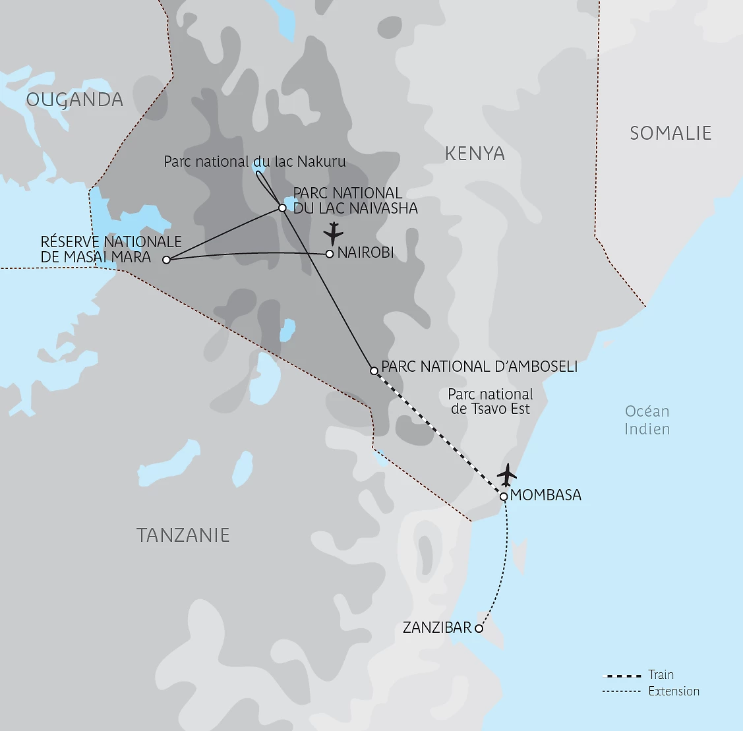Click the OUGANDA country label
[74, 100]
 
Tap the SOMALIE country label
[670, 133]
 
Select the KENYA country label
[475, 154]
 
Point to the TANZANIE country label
[183, 535]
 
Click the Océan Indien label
[647, 420]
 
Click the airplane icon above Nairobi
[334, 233]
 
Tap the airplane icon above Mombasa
[506, 474]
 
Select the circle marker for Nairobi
[330, 254]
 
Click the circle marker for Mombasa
[504, 496]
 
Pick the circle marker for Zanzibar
[479, 629]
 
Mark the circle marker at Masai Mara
[166, 260]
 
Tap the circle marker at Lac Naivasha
[282, 208]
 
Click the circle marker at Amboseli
[374, 370]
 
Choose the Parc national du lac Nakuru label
[254, 161]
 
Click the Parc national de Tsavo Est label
[490, 401]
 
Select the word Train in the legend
[661, 674]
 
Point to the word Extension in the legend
[674, 691]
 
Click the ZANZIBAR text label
[437, 628]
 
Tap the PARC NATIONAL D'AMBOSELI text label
[479, 366]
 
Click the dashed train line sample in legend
[622, 676]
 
